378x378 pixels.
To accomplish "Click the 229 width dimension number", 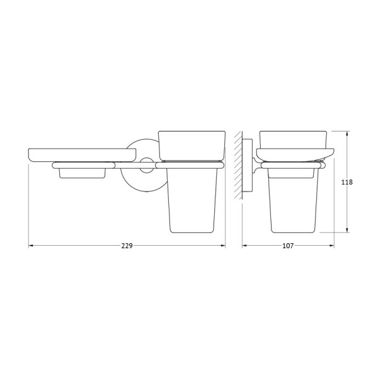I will pos(127,246).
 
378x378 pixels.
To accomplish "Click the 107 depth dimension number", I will pos(288,246).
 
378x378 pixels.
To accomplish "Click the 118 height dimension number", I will pos(346,182).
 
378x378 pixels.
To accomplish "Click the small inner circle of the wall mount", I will pos(146,167).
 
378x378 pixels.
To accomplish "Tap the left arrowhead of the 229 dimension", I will pos(31,246).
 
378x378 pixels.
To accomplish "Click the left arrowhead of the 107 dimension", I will pos(244,246).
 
